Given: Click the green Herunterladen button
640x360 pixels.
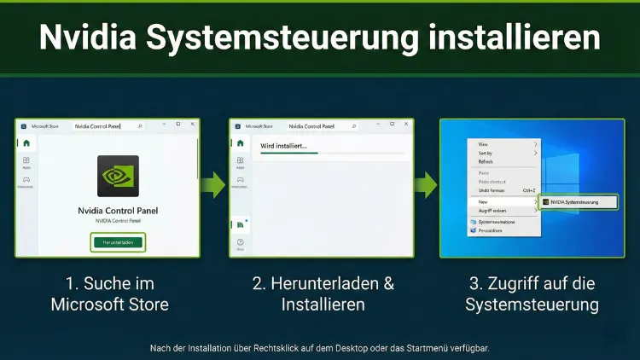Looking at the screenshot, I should coord(119,242).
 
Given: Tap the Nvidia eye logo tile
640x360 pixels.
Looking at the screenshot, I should coord(119,176).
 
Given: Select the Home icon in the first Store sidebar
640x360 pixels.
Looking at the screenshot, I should coord(26,143).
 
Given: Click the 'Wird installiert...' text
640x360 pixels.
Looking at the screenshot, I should coord(283,146).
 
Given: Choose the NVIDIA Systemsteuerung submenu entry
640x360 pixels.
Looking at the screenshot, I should coord(571,202).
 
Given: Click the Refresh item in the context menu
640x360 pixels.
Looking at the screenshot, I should coord(486,162).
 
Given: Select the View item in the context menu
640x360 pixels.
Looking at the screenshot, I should coord(483,144).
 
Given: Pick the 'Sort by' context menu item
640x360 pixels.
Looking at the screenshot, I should coord(486,154).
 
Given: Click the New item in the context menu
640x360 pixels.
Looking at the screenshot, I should coord(483,201).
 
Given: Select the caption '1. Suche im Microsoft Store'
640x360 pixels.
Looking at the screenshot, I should coord(109,293).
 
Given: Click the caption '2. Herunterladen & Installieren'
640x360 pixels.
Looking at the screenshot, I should coord(323,293).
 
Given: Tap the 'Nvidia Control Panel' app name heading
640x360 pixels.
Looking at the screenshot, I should coord(119,211).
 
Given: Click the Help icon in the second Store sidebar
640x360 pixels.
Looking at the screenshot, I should coord(239,244).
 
